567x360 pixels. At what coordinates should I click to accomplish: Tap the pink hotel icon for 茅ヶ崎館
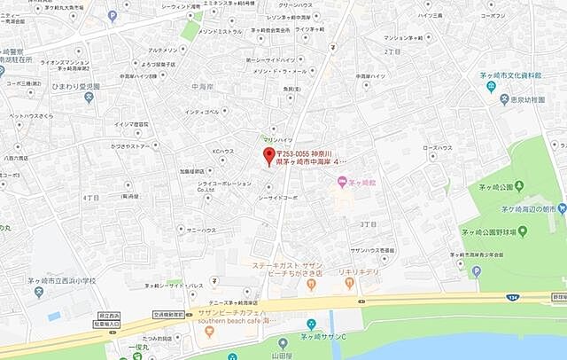(x=341, y=183)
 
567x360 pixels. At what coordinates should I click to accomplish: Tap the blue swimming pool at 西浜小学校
(x=54, y=316)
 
